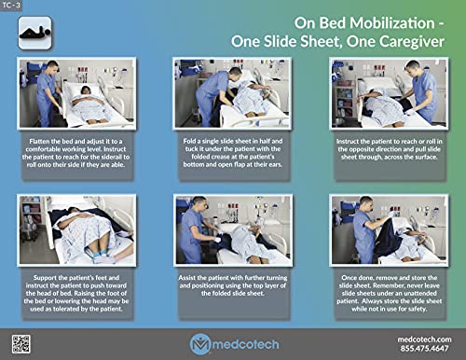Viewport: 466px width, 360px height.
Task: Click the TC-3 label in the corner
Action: pyautogui.click(x=14, y=7)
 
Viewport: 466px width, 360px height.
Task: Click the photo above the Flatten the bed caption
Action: pyautogui.click(x=77, y=91)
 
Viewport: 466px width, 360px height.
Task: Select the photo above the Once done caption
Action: pyautogui.click(x=384, y=229)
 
